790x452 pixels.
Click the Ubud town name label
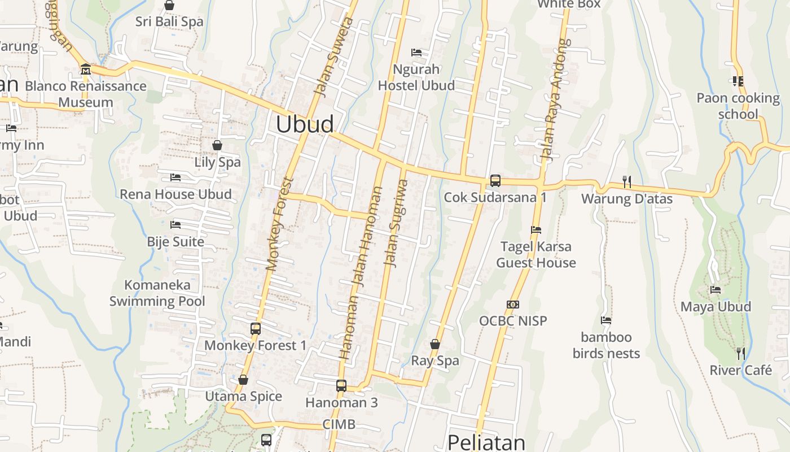click(x=305, y=124)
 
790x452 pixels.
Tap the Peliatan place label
click(x=486, y=442)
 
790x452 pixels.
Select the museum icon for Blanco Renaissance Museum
click(x=86, y=69)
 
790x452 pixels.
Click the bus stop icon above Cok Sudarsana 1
click(x=495, y=181)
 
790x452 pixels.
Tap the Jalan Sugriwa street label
click(x=396, y=223)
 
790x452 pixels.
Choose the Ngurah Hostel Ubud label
click(x=416, y=77)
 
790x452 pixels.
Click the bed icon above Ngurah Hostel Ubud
click(x=416, y=53)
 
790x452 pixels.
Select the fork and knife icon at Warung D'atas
click(x=626, y=182)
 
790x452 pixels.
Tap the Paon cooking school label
click(x=738, y=106)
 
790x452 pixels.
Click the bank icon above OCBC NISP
click(x=512, y=305)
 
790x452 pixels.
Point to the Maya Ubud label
click(x=716, y=307)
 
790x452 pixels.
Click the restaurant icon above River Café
click(x=740, y=354)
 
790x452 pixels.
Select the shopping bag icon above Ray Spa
click(x=435, y=344)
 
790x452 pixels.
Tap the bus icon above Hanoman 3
click(x=341, y=386)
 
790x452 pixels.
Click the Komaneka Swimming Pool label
click(x=157, y=293)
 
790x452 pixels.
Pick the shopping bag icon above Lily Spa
click(x=217, y=146)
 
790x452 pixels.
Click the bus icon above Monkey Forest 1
click(x=256, y=329)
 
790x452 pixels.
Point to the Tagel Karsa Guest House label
click(x=536, y=255)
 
